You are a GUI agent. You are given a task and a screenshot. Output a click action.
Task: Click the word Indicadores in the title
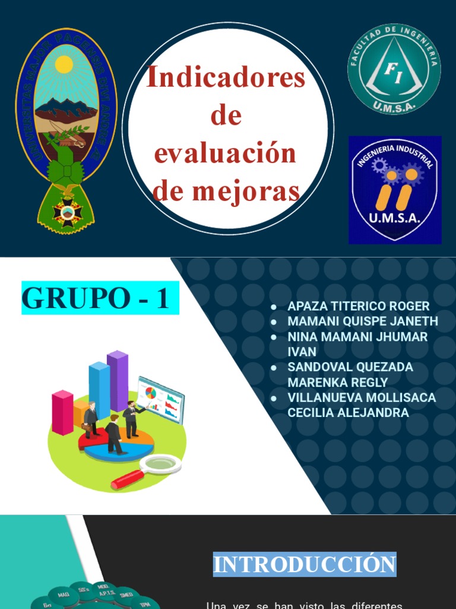(226, 78)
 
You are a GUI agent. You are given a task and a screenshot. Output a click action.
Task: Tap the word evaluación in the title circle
(226, 153)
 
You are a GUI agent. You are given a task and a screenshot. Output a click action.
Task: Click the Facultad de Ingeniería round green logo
(394, 68)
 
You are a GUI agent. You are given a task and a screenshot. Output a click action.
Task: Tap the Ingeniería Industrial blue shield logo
(395, 190)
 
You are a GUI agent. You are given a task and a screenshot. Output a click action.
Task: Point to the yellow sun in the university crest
(64, 64)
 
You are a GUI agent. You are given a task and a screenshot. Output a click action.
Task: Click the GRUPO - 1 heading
(96, 299)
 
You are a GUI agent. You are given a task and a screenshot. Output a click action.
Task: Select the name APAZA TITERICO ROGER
(358, 307)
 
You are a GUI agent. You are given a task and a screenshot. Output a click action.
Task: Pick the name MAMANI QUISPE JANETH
(362, 322)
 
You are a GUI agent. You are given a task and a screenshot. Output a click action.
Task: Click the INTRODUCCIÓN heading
(305, 564)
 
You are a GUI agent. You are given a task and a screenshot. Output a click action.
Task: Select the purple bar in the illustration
(118, 381)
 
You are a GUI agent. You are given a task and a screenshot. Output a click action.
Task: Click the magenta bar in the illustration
(62, 412)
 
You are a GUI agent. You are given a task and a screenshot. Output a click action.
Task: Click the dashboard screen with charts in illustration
(161, 398)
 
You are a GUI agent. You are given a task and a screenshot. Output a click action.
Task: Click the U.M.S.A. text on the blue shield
(394, 218)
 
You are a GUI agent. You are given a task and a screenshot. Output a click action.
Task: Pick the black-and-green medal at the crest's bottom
(67, 212)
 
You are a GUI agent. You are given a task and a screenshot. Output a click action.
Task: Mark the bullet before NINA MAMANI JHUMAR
(274, 337)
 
